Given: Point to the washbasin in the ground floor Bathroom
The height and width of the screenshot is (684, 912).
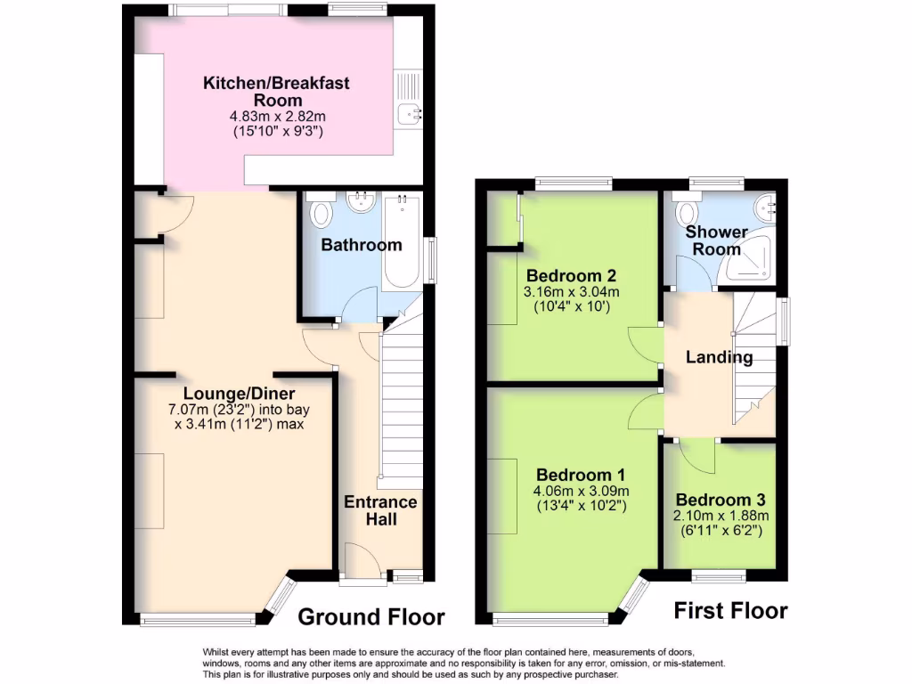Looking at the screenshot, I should (362, 203).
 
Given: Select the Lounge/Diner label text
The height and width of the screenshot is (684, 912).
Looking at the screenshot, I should (239, 394).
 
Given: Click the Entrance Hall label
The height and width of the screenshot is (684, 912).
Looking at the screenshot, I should (380, 510).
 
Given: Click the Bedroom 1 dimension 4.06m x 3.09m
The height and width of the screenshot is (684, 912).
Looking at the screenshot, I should (580, 491).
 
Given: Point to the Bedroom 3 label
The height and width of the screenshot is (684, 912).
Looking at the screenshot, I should (720, 501).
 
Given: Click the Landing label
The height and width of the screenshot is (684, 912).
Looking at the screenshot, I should (719, 358).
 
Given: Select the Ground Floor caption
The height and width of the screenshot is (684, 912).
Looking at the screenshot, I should (370, 616).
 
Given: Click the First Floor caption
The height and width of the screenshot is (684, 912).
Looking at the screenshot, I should (730, 611).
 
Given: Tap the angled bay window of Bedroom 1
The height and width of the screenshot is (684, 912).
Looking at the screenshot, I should (635, 595).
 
